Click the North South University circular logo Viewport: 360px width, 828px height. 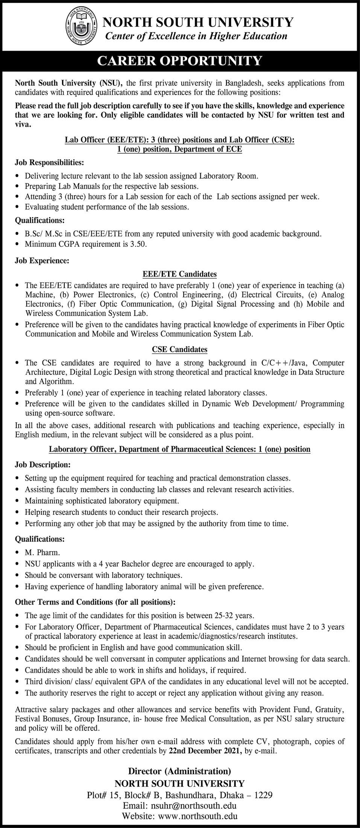click(x=81, y=27)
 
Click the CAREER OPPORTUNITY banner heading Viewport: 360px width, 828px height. click(x=179, y=61)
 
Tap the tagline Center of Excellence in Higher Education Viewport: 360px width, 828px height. click(x=196, y=36)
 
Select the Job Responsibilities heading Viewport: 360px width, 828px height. click(x=49, y=163)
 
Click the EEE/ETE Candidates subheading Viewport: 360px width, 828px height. click(x=179, y=274)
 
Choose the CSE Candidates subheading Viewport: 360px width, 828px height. click(x=179, y=349)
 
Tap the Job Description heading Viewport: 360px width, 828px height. click(x=43, y=464)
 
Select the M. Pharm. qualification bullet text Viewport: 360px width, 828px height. click(x=42, y=553)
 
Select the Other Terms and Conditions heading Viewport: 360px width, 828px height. click(x=95, y=602)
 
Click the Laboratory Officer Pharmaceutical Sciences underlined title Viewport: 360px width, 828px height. click(x=179, y=449)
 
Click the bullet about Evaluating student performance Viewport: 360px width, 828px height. click(x=107, y=207)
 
